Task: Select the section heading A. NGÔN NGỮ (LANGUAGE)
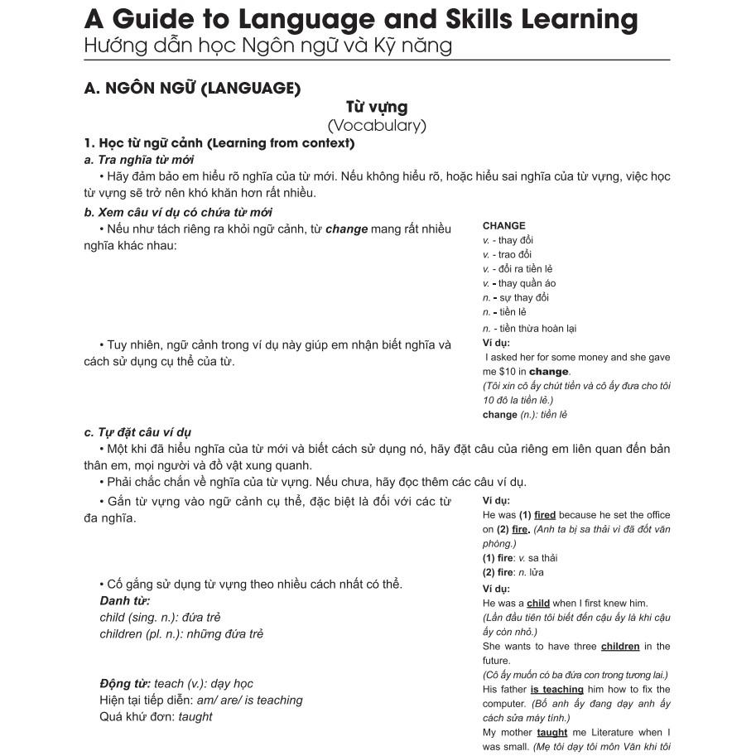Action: pos(192,87)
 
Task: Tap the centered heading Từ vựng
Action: pos(377,107)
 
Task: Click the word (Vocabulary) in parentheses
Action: pos(377,126)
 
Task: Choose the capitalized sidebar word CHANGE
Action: pos(503,225)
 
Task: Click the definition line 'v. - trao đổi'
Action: pos(507,254)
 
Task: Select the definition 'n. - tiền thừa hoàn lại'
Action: pos(529,328)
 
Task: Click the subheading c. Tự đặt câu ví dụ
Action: pos(137,432)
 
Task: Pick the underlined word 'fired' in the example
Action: pos(545,515)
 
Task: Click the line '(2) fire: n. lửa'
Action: pos(513,572)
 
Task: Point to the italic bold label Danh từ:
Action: pos(125,600)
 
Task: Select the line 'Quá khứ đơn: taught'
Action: pos(156,716)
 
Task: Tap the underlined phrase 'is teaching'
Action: pos(557,689)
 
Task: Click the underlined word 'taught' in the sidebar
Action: pos(551,732)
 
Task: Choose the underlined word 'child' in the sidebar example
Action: pos(538,603)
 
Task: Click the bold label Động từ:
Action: pos(125,683)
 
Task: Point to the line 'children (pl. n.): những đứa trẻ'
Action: pos(181,633)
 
